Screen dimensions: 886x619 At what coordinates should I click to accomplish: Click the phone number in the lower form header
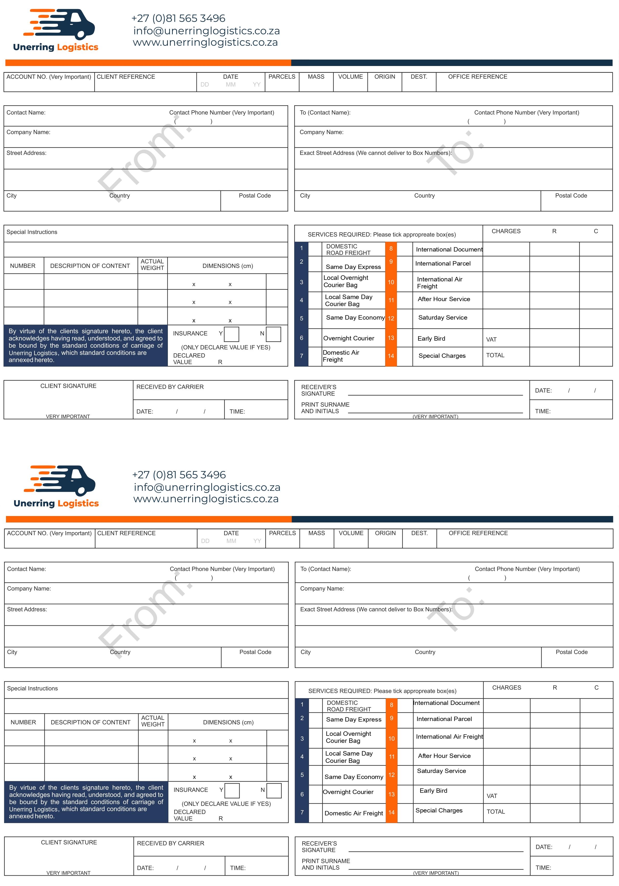click(179, 475)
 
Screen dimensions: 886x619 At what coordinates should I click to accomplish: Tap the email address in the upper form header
click(206, 31)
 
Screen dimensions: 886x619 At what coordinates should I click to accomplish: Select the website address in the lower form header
click(206, 499)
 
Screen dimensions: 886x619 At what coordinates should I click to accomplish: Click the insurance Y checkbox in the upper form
click(231, 334)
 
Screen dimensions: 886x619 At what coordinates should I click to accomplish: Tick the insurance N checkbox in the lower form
click(274, 790)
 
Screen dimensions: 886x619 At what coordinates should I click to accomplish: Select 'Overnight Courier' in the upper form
click(348, 339)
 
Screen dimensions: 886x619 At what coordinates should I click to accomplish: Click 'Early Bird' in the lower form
click(433, 791)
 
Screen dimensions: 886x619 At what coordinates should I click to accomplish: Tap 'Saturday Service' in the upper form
click(443, 318)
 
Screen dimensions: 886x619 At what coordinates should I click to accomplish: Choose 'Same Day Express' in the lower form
click(353, 719)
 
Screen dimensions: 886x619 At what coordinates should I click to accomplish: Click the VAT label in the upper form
click(491, 340)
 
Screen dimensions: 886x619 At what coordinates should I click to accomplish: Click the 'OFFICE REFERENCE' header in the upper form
click(477, 77)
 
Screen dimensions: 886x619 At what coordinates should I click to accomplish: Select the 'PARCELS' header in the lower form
click(282, 533)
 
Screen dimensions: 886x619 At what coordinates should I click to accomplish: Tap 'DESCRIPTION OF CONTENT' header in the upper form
click(90, 266)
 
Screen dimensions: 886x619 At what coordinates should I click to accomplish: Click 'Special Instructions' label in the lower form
click(32, 689)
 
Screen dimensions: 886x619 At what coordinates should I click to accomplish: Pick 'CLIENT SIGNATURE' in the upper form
click(68, 386)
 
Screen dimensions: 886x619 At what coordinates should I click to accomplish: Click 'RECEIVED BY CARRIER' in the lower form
click(170, 843)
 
